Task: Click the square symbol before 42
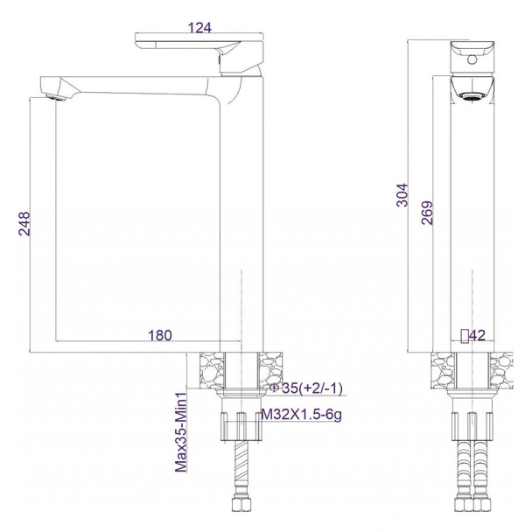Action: pyautogui.click(x=465, y=334)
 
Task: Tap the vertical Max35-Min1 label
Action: pyautogui.click(x=181, y=432)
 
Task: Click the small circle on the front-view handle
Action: pyautogui.click(x=472, y=60)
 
